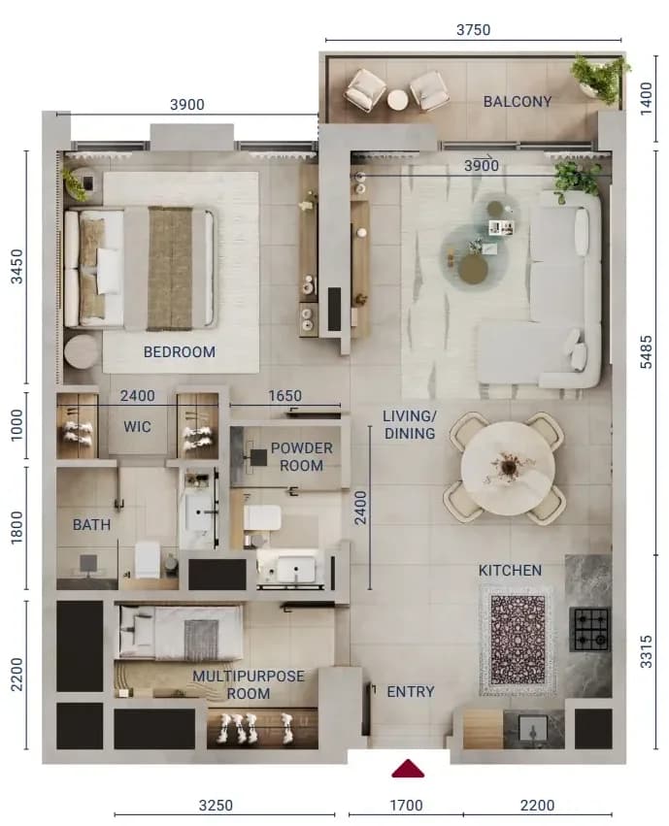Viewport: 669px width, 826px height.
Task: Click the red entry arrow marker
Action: pyautogui.click(x=408, y=769)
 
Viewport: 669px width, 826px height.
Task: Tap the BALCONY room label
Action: pyautogui.click(x=518, y=101)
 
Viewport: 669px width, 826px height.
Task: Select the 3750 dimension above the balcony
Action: pyautogui.click(x=473, y=29)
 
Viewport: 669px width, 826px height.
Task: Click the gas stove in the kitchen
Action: pyautogui.click(x=590, y=630)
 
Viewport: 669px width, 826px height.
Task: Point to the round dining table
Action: pyautogui.click(x=508, y=468)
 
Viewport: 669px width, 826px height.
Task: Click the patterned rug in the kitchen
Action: pyautogui.click(x=518, y=639)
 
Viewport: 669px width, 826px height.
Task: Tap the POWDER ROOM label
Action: pyautogui.click(x=301, y=457)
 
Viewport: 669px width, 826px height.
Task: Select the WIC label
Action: pyautogui.click(x=137, y=426)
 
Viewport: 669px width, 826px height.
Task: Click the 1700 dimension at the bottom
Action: pyautogui.click(x=406, y=806)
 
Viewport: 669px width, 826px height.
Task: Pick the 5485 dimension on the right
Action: pyautogui.click(x=646, y=352)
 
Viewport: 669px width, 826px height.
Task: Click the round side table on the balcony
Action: pyautogui.click(x=397, y=100)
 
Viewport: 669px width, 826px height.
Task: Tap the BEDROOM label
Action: pyautogui.click(x=179, y=351)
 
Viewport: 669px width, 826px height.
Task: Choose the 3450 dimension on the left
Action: pyautogui.click(x=17, y=267)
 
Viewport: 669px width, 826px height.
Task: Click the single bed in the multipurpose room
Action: pyautogui.click(x=179, y=632)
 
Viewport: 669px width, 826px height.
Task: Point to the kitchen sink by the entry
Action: pyautogui.click(x=533, y=729)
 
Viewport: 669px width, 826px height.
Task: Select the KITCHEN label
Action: pyautogui.click(x=510, y=570)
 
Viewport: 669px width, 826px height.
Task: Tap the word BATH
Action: pyautogui.click(x=91, y=525)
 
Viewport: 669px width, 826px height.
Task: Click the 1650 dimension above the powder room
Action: pyautogui.click(x=285, y=396)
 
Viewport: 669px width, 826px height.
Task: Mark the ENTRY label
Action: pyautogui.click(x=411, y=691)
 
